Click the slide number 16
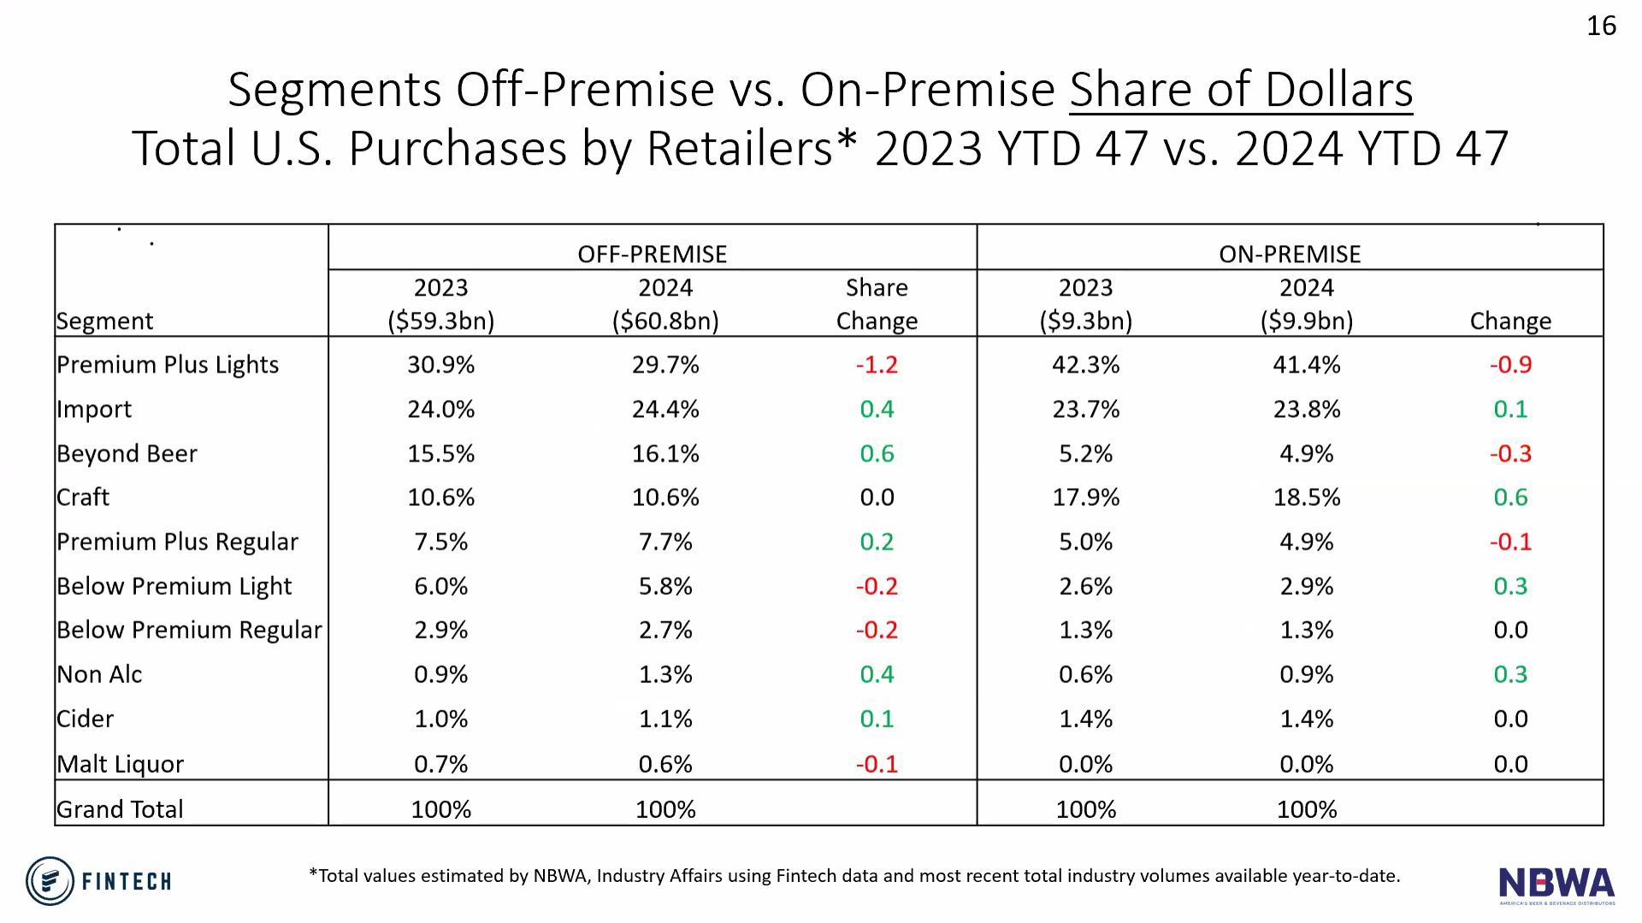(x=1601, y=26)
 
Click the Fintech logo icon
(x=50, y=880)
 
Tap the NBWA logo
(x=1556, y=885)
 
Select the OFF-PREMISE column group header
(x=652, y=254)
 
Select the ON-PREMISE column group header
(x=1289, y=254)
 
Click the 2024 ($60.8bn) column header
(x=665, y=304)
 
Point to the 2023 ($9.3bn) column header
(x=1085, y=304)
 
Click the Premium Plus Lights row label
(x=168, y=365)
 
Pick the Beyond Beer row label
(x=127, y=454)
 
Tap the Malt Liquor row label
(x=120, y=764)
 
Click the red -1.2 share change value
(x=877, y=365)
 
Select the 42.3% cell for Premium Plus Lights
(x=1085, y=365)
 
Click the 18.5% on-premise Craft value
(x=1306, y=497)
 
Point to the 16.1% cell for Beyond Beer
(x=665, y=454)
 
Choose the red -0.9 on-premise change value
(x=1510, y=365)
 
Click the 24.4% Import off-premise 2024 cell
(x=665, y=409)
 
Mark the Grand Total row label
(x=120, y=809)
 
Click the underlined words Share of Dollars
(x=1240, y=90)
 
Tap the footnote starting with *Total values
(x=853, y=876)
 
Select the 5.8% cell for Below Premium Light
(x=665, y=586)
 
